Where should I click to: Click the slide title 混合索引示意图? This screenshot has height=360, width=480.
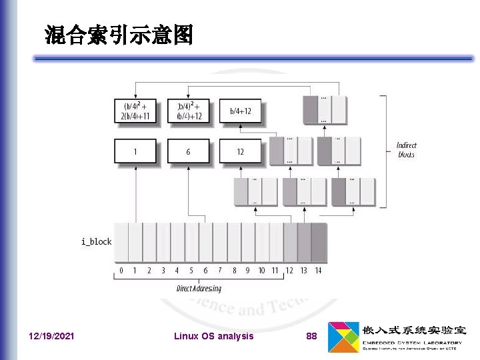[x=119, y=35]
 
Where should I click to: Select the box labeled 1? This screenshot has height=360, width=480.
[x=135, y=151]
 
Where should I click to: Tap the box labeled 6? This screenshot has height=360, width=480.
[x=188, y=151]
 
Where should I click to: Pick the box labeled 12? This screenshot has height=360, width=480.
[x=240, y=151]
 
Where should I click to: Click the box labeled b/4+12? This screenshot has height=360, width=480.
[x=240, y=111]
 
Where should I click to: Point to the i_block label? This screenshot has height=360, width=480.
[x=97, y=241]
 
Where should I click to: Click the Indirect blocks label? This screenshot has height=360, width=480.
[x=407, y=149]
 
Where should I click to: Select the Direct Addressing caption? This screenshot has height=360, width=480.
[x=199, y=289]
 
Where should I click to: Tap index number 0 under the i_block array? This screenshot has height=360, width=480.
[x=121, y=271]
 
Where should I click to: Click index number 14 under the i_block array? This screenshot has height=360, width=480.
[x=318, y=271]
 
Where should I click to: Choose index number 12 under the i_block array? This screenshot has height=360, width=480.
[x=289, y=271]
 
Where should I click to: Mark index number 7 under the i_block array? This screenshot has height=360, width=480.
[x=219, y=271]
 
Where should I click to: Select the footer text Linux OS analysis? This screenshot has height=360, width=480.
[x=213, y=336]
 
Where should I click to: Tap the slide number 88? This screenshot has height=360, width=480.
[x=311, y=336]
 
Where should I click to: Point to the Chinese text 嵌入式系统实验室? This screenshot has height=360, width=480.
[x=413, y=330]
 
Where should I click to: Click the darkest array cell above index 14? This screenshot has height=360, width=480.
[x=319, y=243]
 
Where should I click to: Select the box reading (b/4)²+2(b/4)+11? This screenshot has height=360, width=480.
[x=135, y=111]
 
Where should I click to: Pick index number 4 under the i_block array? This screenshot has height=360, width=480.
[x=177, y=271]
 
